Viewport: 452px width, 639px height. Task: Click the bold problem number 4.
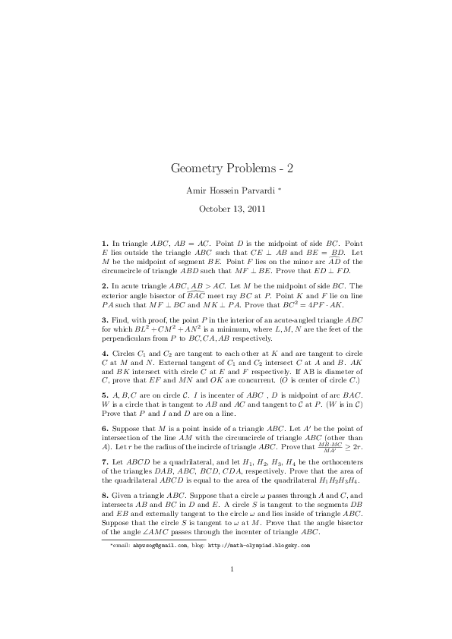103,352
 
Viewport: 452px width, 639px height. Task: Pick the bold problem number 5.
103,396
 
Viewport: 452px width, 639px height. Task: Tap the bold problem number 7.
103,462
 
